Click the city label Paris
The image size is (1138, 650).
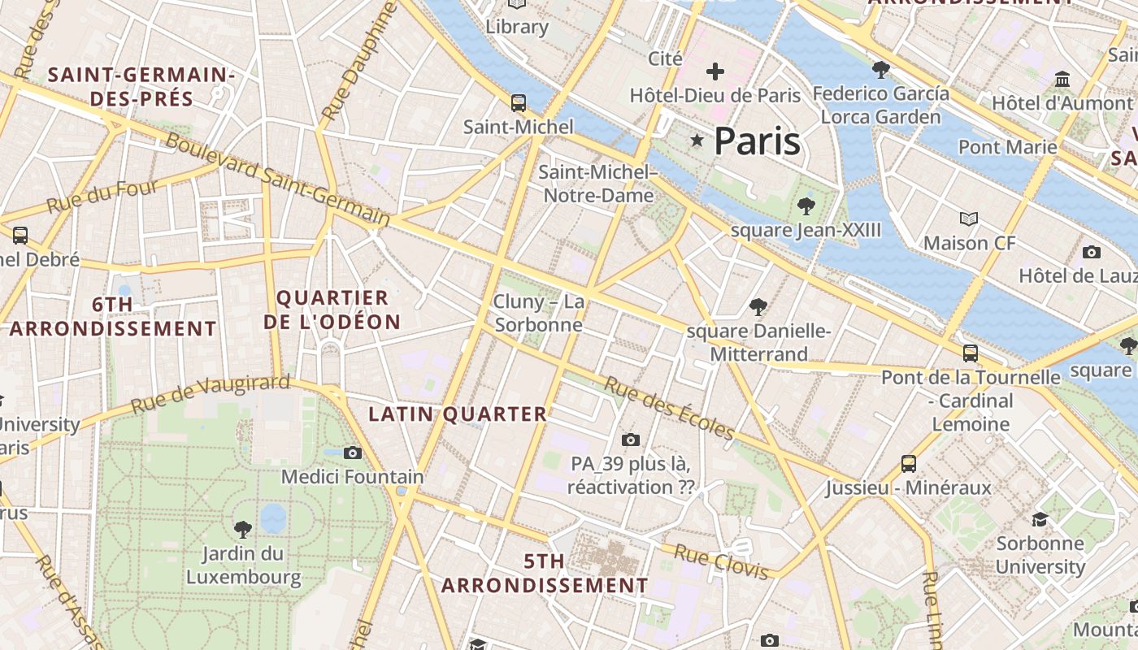coord(757,141)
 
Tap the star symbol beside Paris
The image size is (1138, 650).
coord(697,141)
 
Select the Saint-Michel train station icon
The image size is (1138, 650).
coord(518,103)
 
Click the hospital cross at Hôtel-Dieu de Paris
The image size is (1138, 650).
coord(715,71)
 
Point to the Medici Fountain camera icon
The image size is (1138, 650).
coord(352,453)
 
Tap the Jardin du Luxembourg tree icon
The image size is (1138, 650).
coord(242,530)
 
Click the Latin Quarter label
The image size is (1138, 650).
coord(458,414)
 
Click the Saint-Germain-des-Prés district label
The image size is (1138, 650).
coord(141,87)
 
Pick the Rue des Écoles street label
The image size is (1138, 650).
coord(669,409)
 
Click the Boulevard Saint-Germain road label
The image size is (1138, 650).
coord(277,178)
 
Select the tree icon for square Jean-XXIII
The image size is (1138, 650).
coord(806,206)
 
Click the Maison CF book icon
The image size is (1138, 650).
coord(968,219)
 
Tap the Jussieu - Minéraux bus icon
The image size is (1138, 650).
coord(909,464)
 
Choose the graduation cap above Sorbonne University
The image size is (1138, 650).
coord(1040,519)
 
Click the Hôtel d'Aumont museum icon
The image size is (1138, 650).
coord(1062,80)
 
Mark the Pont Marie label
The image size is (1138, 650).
coord(1008,147)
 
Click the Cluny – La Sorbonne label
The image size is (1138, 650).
coord(539,314)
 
